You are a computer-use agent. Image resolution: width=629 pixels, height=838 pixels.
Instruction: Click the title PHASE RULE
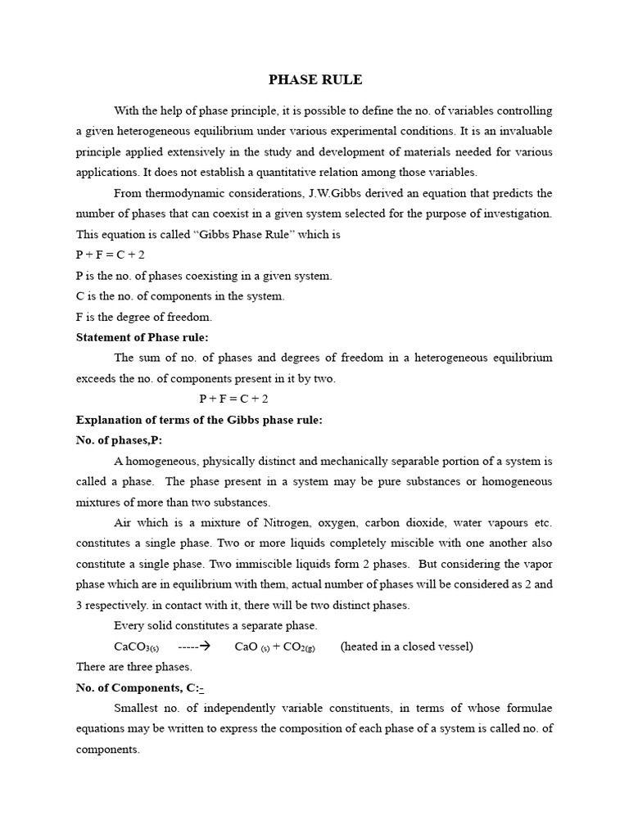click(x=315, y=79)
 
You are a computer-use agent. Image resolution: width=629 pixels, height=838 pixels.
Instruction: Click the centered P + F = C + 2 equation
click(x=233, y=399)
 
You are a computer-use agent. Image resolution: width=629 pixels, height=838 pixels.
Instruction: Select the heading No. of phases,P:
click(x=120, y=440)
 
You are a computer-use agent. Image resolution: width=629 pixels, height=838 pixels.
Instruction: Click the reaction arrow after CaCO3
click(x=194, y=646)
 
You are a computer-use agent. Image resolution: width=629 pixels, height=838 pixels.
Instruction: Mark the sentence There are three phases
click(x=133, y=667)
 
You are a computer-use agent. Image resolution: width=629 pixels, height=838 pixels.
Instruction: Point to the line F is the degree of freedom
click(x=143, y=317)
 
